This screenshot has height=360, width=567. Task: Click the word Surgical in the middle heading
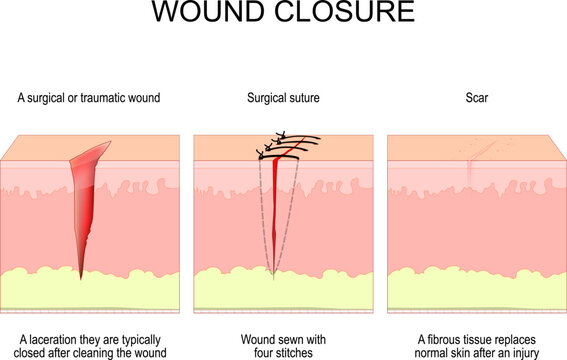264,97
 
